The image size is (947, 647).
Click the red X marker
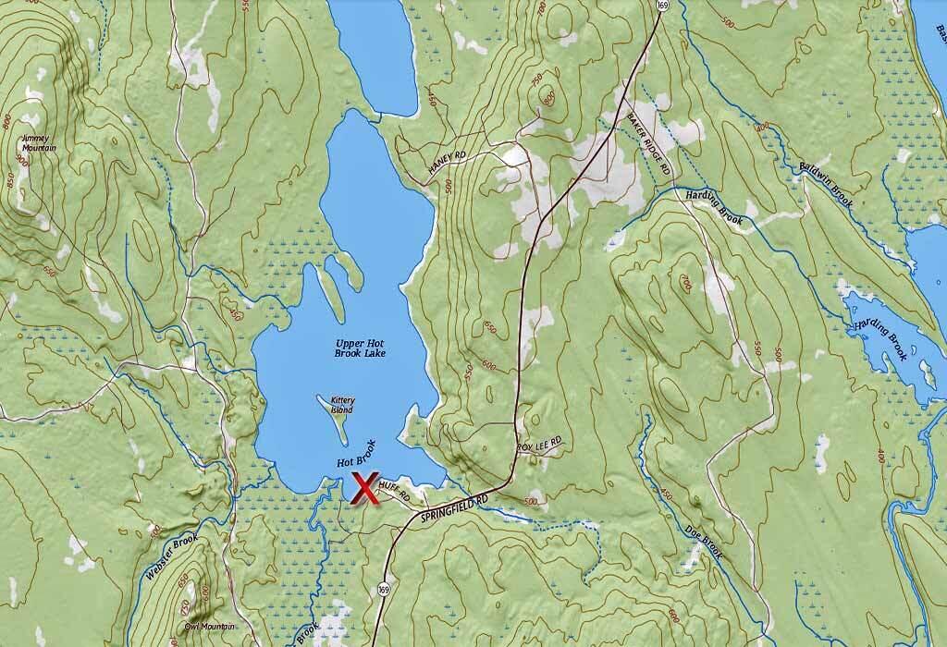tap(364, 488)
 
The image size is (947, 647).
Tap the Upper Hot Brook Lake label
tap(360, 348)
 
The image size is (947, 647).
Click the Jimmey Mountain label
tap(38, 143)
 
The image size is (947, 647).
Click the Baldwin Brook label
tap(825, 184)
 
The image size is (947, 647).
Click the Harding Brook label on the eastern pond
tap(880, 335)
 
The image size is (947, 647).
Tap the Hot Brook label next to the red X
tap(357, 455)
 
